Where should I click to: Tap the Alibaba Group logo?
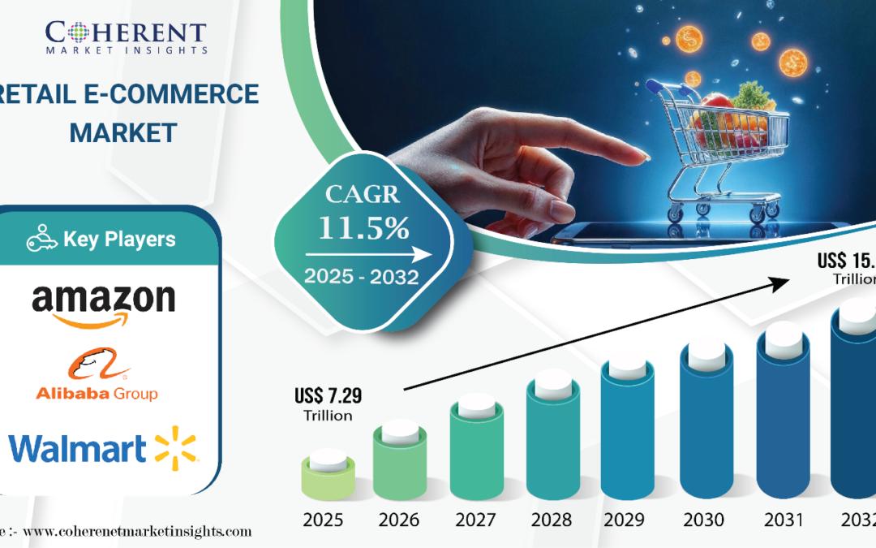[x=97, y=378]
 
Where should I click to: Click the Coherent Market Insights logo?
[x=126, y=37]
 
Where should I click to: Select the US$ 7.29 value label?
[x=328, y=397]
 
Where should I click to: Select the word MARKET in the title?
[x=123, y=132]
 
